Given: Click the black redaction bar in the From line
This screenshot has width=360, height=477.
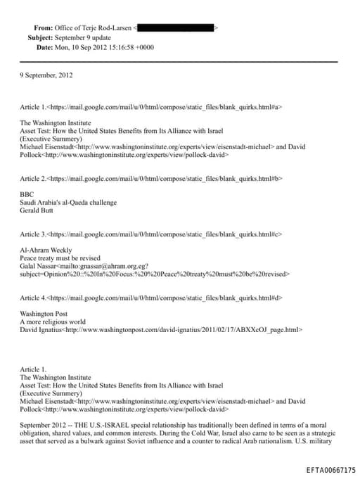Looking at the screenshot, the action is tap(176, 27).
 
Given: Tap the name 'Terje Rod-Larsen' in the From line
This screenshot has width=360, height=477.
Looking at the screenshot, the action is tap(105, 27).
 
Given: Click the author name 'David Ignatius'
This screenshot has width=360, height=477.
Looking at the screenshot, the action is tap(42, 329).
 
